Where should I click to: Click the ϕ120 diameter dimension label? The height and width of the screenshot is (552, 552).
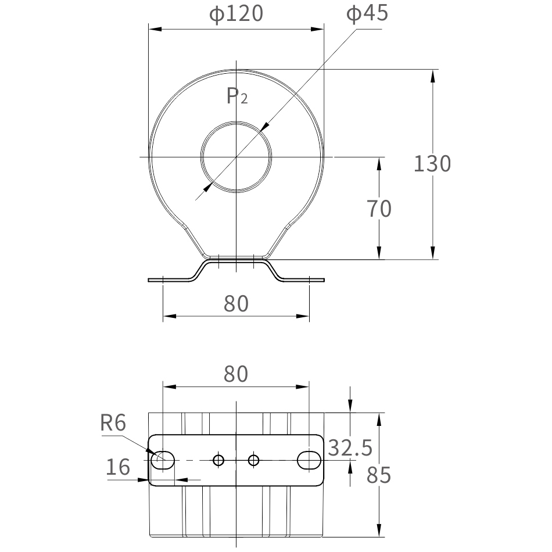236,14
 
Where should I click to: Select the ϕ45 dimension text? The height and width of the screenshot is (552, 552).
367,14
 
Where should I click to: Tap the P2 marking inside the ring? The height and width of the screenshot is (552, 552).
236,96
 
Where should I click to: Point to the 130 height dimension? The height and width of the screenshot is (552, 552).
432,164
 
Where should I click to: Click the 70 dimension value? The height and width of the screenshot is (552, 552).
379,209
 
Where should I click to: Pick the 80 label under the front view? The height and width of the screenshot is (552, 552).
236,303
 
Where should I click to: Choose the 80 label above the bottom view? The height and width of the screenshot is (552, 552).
236,375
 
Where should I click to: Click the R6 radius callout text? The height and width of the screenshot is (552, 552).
113,423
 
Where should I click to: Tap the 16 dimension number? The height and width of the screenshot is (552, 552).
119,467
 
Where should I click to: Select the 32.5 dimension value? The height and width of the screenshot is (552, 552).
350,448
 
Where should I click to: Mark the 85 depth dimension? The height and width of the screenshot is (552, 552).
379,475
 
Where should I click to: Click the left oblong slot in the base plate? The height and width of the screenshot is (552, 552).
163,460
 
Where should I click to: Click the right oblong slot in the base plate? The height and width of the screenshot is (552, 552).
309,460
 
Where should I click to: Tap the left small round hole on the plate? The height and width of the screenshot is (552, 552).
218,460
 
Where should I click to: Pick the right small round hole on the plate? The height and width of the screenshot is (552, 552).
253,460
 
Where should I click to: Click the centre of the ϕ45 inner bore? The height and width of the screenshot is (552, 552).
236,157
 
